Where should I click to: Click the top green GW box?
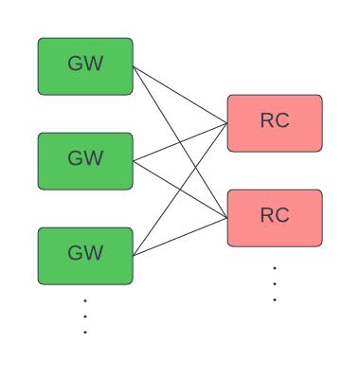85,66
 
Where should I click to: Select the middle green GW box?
85,161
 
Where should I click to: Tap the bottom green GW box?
85,256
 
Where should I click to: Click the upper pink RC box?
275,123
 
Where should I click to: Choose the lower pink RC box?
275,218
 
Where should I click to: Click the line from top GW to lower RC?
152,97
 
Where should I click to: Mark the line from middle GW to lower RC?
161,178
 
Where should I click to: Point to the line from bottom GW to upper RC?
152,229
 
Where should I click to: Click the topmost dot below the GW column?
85,300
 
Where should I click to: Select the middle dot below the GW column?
85,317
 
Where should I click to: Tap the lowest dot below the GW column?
85,333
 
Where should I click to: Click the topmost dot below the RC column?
275,268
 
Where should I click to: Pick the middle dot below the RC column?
275,283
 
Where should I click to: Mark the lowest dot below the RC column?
275,299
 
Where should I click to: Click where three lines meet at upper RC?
226,123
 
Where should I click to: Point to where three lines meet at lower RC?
226,218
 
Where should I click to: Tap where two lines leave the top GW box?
134,66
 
